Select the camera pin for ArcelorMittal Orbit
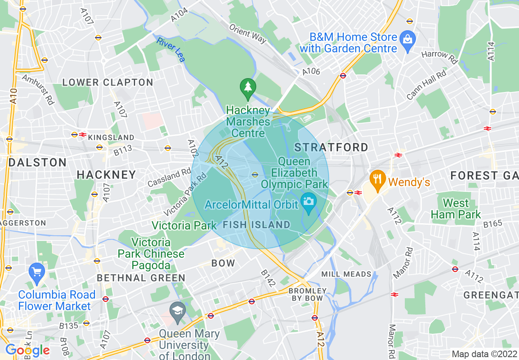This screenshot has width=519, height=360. [x=308, y=202]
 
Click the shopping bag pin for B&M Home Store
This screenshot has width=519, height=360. [x=408, y=40]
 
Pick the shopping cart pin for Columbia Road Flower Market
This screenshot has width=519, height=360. [x=37, y=272]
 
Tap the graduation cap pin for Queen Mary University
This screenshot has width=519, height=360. [x=178, y=310]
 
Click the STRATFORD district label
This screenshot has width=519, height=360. [x=332, y=147]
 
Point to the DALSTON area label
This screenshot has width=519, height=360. [x=38, y=162]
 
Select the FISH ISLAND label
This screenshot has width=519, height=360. [x=257, y=225]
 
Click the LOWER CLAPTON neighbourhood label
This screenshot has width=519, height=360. [x=108, y=82]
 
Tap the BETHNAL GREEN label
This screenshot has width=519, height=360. [x=141, y=278]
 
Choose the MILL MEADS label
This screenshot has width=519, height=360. [x=346, y=274]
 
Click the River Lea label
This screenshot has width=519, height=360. [x=171, y=49]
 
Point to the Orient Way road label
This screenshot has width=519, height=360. [x=248, y=34]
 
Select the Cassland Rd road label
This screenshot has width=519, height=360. [x=169, y=178]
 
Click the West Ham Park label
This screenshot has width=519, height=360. [x=456, y=209]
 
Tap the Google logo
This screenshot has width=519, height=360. [x=27, y=350]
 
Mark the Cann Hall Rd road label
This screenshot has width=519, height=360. [x=426, y=85]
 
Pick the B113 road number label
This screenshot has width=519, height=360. [x=123, y=150]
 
